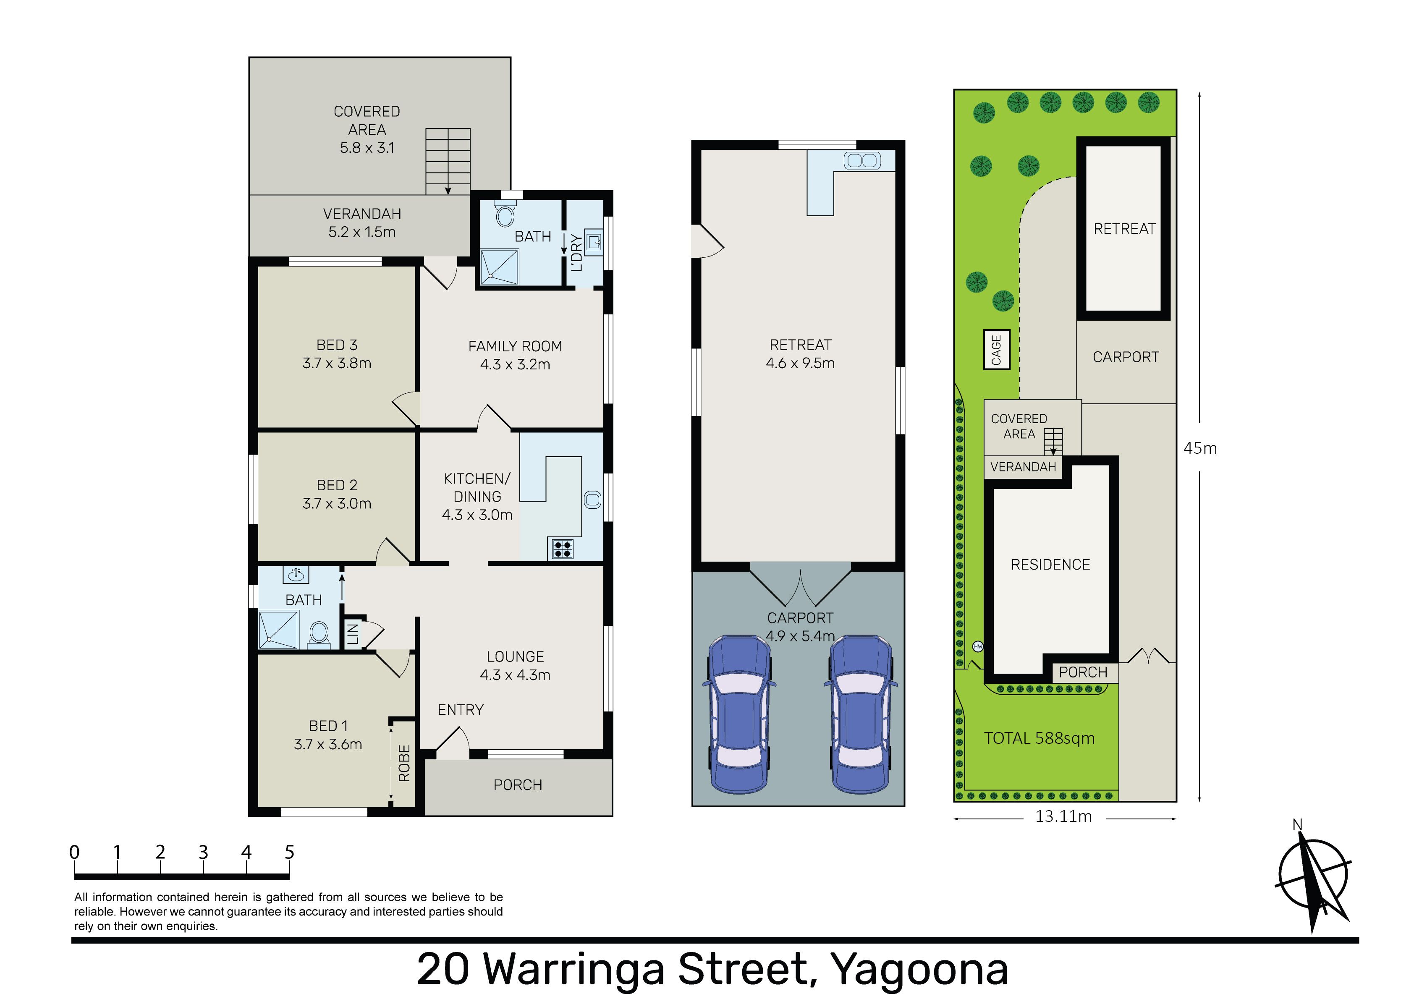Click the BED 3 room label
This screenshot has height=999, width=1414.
[337, 345]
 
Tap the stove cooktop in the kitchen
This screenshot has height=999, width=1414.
[562, 549]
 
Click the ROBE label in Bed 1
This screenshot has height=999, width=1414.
[404, 763]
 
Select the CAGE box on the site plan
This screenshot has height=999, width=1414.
[996, 350]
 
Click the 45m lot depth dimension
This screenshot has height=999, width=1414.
[1200, 448]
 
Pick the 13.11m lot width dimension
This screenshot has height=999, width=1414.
[1063, 817]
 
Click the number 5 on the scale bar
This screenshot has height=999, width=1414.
[289, 853]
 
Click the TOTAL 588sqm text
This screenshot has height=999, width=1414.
[1040, 738]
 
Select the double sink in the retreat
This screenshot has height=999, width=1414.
[861, 161]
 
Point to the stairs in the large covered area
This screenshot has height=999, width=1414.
[448, 161]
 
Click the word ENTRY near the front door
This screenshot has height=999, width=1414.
[461, 710]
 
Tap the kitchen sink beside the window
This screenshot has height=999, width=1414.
[592, 499]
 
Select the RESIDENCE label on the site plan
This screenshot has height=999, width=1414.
[1051, 565]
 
